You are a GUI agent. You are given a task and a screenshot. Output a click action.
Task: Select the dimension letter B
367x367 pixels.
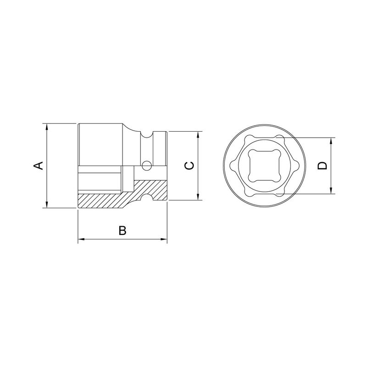(122, 230)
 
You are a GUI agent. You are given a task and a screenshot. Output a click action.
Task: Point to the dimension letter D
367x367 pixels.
(323, 166)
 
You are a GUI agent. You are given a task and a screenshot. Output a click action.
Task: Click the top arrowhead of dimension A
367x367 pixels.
(47, 127)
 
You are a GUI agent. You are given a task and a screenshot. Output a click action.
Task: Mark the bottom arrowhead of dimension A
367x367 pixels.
(47, 204)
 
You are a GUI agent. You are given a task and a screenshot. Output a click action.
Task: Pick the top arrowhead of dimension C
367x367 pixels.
(198, 135)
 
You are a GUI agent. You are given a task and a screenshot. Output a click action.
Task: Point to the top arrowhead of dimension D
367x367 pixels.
(331, 140)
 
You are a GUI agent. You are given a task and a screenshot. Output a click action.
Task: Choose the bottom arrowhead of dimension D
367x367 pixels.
(331, 190)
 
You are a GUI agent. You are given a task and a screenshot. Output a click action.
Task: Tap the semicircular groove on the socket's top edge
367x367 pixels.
(147, 134)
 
